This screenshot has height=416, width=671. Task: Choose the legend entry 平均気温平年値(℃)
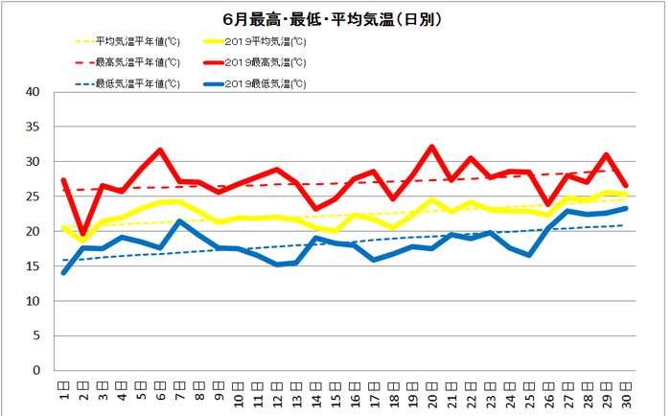pyautogui.click(x=136, y=42)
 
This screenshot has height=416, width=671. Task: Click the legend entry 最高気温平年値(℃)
pyautogui.click(x=136, y=62)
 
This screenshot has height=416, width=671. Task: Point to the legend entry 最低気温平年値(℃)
pyautogui.click(x=136, y=83)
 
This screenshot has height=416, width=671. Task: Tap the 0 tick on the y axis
pyautogui.click(x=36, y=371)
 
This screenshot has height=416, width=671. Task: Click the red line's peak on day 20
pyautogui.click(x=432, y=147)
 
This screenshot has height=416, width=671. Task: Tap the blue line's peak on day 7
pyautogui.click(x=180, y=221)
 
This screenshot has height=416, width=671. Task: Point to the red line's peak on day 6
pyautogui.click(x=160, y=150)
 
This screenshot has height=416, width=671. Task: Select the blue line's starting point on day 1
pyautogui.click(x=63, y=272)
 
